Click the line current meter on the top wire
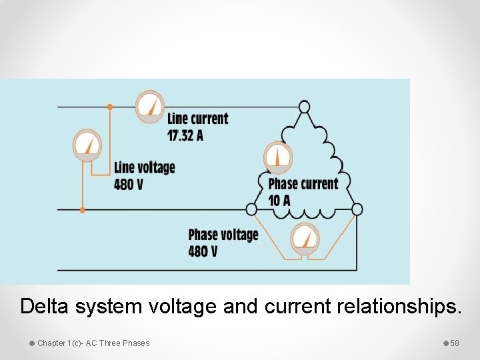pyautogui.click(x=150, y=106)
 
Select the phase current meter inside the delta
pyautogui.click(x=278, y=157)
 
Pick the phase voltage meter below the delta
pyautogui.click(x=305, y=238)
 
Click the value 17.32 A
pyautogui.click(x=185, y=135)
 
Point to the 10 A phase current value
pyautogui.click(x=279, y=200)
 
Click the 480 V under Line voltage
pyautogui.click(x=128, y=184)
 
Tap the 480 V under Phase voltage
pyautogui.click(x=203, y=251)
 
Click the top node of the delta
pyautogui.click(x=304, y=107)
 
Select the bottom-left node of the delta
pyautogui.click(x=251, y=209)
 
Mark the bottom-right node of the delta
pyautogui.click(x=357, y=209)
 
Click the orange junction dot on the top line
pyautogui.click(x=110, y=106)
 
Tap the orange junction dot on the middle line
pyautogui.click(x=82, y=209)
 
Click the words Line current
pyautogui.click(x=197, y=119)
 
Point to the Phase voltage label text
pyautogui.click(x=223, y=235)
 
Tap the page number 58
pyautogui.click(x=455, y=343)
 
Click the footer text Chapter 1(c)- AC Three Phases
pyautogui.click(x=93, y=343)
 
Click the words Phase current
pyautogui.click(x=303, y=183)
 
